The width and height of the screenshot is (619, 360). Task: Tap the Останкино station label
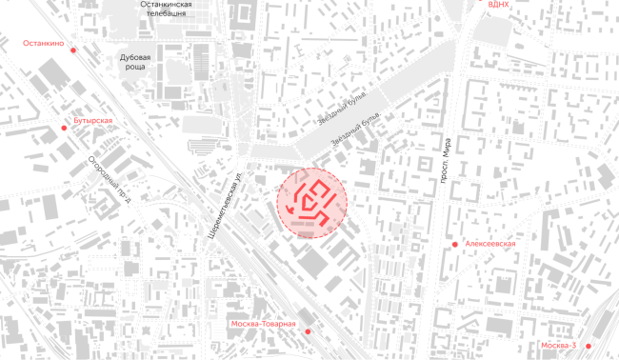tap(43, 43)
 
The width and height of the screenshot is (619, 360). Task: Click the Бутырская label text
tap(93, 121)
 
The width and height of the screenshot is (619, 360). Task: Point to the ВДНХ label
tap(498, 5)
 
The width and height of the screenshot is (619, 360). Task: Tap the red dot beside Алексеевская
tap(455, 244)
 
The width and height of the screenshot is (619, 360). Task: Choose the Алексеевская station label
tap(490, 244)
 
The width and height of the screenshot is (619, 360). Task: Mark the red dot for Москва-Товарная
tap(307, 331)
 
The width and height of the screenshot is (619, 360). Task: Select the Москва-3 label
tap(557, 345)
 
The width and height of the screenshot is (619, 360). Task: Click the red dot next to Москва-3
tap(589, 345)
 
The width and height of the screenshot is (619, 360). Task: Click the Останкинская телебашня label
tap(166, 10)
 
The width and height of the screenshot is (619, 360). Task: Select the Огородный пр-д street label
tap(108, 180)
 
